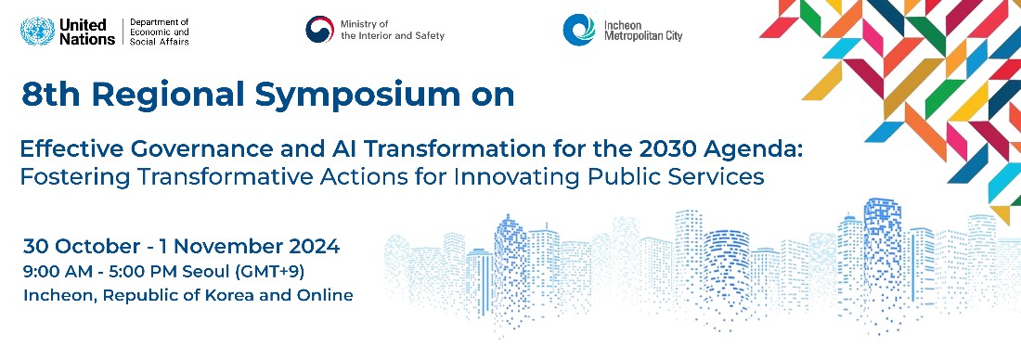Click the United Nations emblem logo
point(37,32)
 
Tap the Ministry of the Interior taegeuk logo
point(319,30)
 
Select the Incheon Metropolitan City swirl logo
point(579,30)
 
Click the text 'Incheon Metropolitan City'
point(643,31)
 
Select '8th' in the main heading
point(49,95)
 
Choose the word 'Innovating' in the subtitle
point(539,177)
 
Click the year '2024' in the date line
point(316,247)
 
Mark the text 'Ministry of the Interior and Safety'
point(393,30)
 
